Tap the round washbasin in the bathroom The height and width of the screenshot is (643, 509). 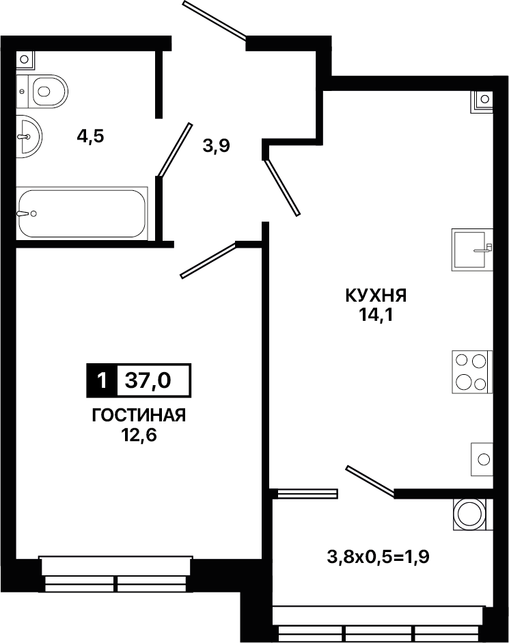point(29,136)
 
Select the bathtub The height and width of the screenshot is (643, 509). point(82,213)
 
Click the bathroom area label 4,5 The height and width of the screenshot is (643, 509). point(90,136)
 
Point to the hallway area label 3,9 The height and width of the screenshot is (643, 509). point(217,146)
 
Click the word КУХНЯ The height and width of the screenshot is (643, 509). point(376,296)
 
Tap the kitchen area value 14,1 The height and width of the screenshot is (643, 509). point(376,315)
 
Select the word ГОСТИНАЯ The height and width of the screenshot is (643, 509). point(139,415)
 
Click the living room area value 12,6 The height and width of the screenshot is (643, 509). point(139,435)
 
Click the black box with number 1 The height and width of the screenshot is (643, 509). point(102,381)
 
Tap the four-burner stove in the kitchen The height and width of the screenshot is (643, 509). point(472,372)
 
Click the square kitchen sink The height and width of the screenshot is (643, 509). point(472,249)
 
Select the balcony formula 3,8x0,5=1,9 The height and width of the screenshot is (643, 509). point(378,557)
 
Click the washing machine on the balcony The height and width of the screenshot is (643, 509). point(469,514)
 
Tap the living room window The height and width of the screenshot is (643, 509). point(115,574)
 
